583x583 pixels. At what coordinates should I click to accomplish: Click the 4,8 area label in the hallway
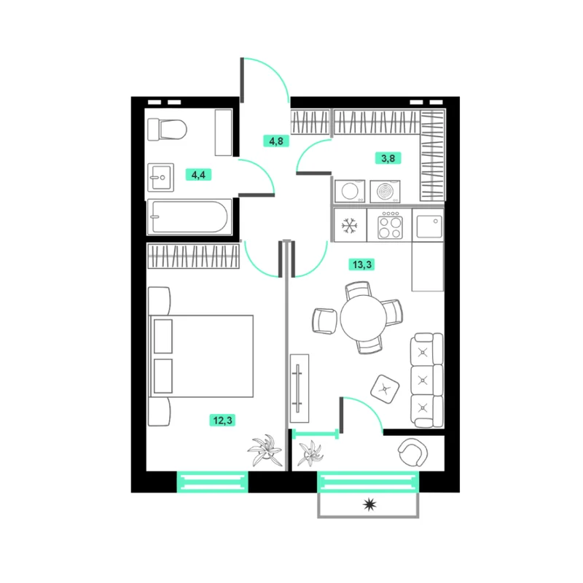[x=276, y=141]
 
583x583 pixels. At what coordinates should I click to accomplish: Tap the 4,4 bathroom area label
[x=198, y=174]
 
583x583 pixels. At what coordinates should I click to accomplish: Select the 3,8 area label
[x=388, y=158]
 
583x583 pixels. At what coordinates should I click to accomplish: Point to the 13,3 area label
[x=361, y=265]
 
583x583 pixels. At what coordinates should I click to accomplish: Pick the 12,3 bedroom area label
[x=222, y=420]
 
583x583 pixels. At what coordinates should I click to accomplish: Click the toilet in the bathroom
[x=167, y=130]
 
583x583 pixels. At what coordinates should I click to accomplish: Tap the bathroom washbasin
[x=160, y=178]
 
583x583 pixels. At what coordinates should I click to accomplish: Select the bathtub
[x=189, y=217]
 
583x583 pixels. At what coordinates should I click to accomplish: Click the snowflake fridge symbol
[x=350, y=226]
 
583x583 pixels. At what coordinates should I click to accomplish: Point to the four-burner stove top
[x=390, y=226]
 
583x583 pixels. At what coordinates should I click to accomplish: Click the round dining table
[x=363, y=318]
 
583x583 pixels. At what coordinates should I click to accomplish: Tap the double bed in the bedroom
[x=201, y=356]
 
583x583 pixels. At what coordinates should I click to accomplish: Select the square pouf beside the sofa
[x=385, y=389]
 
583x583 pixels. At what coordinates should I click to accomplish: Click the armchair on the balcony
[x=412, y=452]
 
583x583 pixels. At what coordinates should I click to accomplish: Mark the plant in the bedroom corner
[x=265, y=450]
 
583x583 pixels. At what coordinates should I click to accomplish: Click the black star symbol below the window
[x=369, y=504]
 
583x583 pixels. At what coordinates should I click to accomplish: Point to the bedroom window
[x=212, y=482]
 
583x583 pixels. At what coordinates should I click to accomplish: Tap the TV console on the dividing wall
[x=300, y=388]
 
